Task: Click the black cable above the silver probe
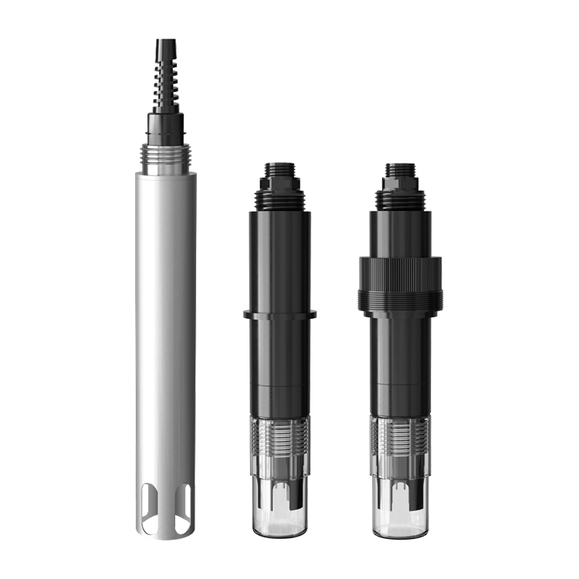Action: click(x=164, y=48)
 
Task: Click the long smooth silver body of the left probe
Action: click(x=165, y=309)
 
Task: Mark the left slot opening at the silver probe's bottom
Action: click(x=152, y=511)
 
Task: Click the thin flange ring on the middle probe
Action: click(x=279, y=314)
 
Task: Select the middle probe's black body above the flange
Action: click(x=279, y=255)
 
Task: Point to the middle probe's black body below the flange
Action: click(x=279, y=363)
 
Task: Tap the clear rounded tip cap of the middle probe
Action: click(x=279, y=510)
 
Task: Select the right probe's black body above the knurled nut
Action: click(x=399, y=232)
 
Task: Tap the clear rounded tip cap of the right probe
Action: click(x=399, y=510)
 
